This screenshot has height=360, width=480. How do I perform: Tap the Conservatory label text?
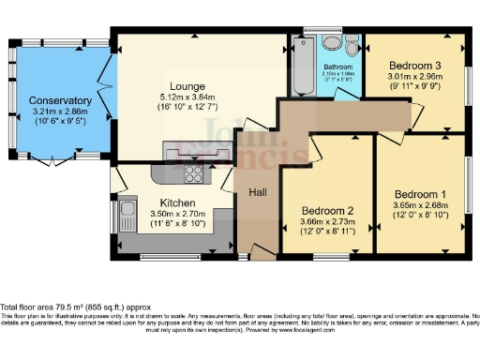60,100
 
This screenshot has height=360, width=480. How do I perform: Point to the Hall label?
258,192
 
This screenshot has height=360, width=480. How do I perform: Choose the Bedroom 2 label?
327,210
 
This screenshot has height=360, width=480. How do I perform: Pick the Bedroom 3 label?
413,65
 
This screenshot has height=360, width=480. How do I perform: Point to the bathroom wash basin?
329,44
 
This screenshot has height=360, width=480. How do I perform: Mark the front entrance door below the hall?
245,253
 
